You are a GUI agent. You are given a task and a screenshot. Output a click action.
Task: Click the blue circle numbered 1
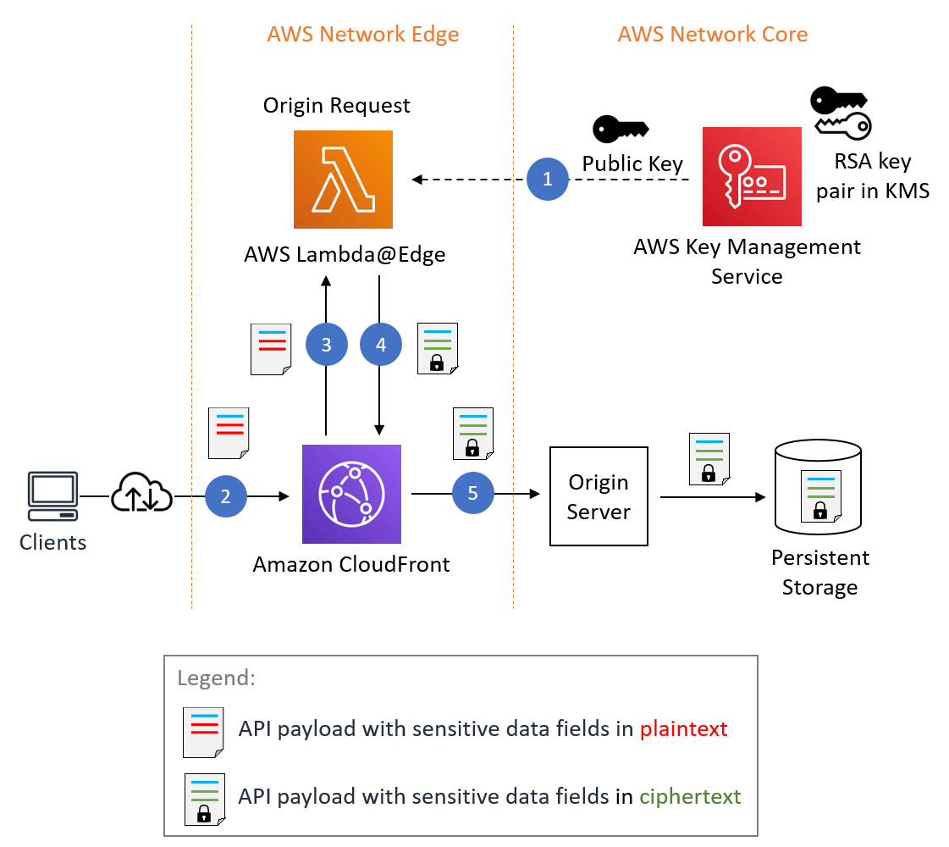click(x=547, y=180)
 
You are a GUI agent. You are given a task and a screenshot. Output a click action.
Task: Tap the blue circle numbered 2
click(x=225, y=496)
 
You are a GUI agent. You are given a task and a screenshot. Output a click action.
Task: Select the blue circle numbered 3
click(x=326, y=344)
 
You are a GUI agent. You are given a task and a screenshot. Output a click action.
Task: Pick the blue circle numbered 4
click(x=380, y=344)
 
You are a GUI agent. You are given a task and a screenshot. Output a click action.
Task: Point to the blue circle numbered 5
click(x=472, y=493)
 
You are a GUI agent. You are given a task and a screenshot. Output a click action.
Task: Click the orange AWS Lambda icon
click(x=343, y=180)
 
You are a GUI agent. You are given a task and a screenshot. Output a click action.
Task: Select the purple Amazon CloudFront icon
click(x=351, y=494)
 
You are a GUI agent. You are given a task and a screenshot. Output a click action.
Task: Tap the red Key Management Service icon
click(x=752, y=176)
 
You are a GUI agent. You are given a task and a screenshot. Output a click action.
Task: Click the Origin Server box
click(x=599, y=496)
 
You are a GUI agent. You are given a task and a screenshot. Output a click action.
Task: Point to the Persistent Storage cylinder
click(x=819, y=491)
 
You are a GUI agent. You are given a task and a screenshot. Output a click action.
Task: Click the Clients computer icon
click(x=52, y=495)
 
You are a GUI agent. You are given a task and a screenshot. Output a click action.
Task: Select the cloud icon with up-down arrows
click(x=141, y=493)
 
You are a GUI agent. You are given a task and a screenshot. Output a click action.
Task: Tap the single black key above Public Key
click(x=620, y=129)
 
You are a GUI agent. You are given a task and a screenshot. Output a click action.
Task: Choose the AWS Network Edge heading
click(x=363, y=35)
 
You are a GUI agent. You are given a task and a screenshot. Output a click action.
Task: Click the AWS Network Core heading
click(x=712, y=35)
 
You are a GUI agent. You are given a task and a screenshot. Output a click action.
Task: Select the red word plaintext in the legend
click(x=683, y=728)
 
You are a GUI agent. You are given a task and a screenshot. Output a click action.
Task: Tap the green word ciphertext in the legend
click(x=690, y=796)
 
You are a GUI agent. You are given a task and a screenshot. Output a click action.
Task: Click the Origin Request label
click(x=336, y=106)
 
